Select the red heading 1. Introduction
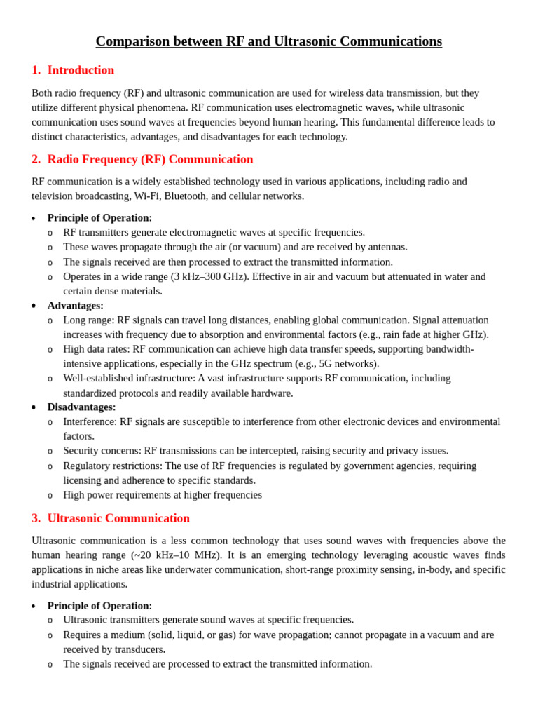(73, 70)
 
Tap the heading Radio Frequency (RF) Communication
(150, 159)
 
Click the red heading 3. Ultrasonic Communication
(111, 518)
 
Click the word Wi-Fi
(146, 196)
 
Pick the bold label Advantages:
(75, 306)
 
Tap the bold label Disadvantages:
(81, 407)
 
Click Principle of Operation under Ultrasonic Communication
(99, 606)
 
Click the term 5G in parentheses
(326, 363)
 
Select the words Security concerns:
(102, 450)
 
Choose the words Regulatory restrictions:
(113, 466)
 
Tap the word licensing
(82, 480)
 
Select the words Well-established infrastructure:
(129, 378)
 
